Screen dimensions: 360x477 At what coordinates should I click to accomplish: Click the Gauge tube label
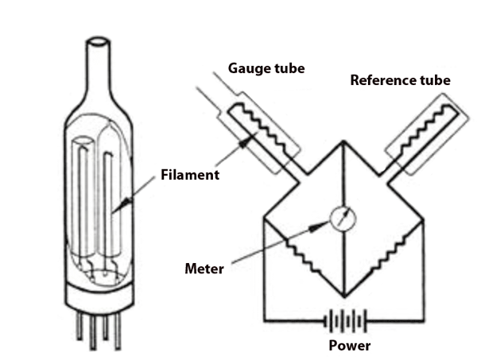tap(266, 68)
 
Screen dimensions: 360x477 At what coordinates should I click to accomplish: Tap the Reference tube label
tap(399, 80)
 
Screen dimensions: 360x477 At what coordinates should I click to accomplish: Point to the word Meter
tap(204, 269)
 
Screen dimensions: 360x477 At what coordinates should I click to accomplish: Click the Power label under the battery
tap(351, 346)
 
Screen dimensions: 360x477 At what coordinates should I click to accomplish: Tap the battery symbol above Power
tap(344, 322)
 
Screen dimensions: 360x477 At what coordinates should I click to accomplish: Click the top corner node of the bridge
tap(343, 143)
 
